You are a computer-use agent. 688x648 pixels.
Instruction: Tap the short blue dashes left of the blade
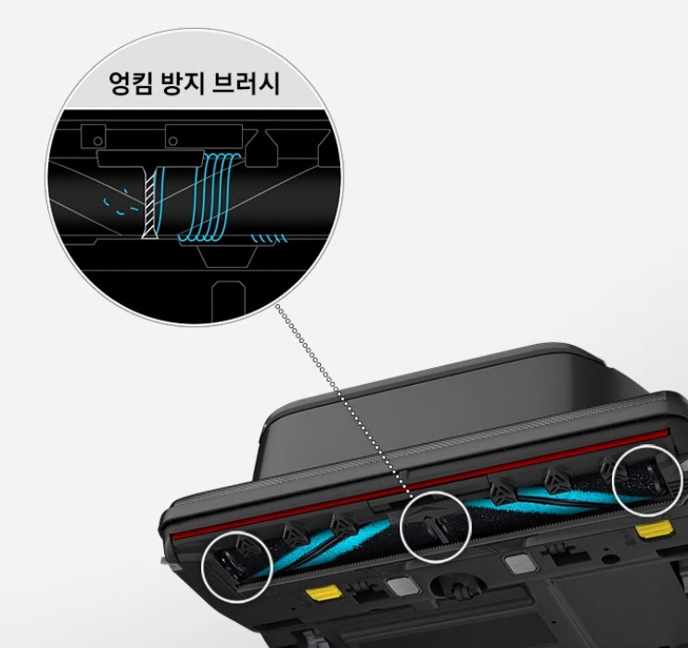[116, 203]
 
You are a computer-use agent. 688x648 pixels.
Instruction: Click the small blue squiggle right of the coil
[271, 238]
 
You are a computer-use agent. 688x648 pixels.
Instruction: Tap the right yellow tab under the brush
[655, 529]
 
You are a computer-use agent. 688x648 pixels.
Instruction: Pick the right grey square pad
[514, 563]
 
